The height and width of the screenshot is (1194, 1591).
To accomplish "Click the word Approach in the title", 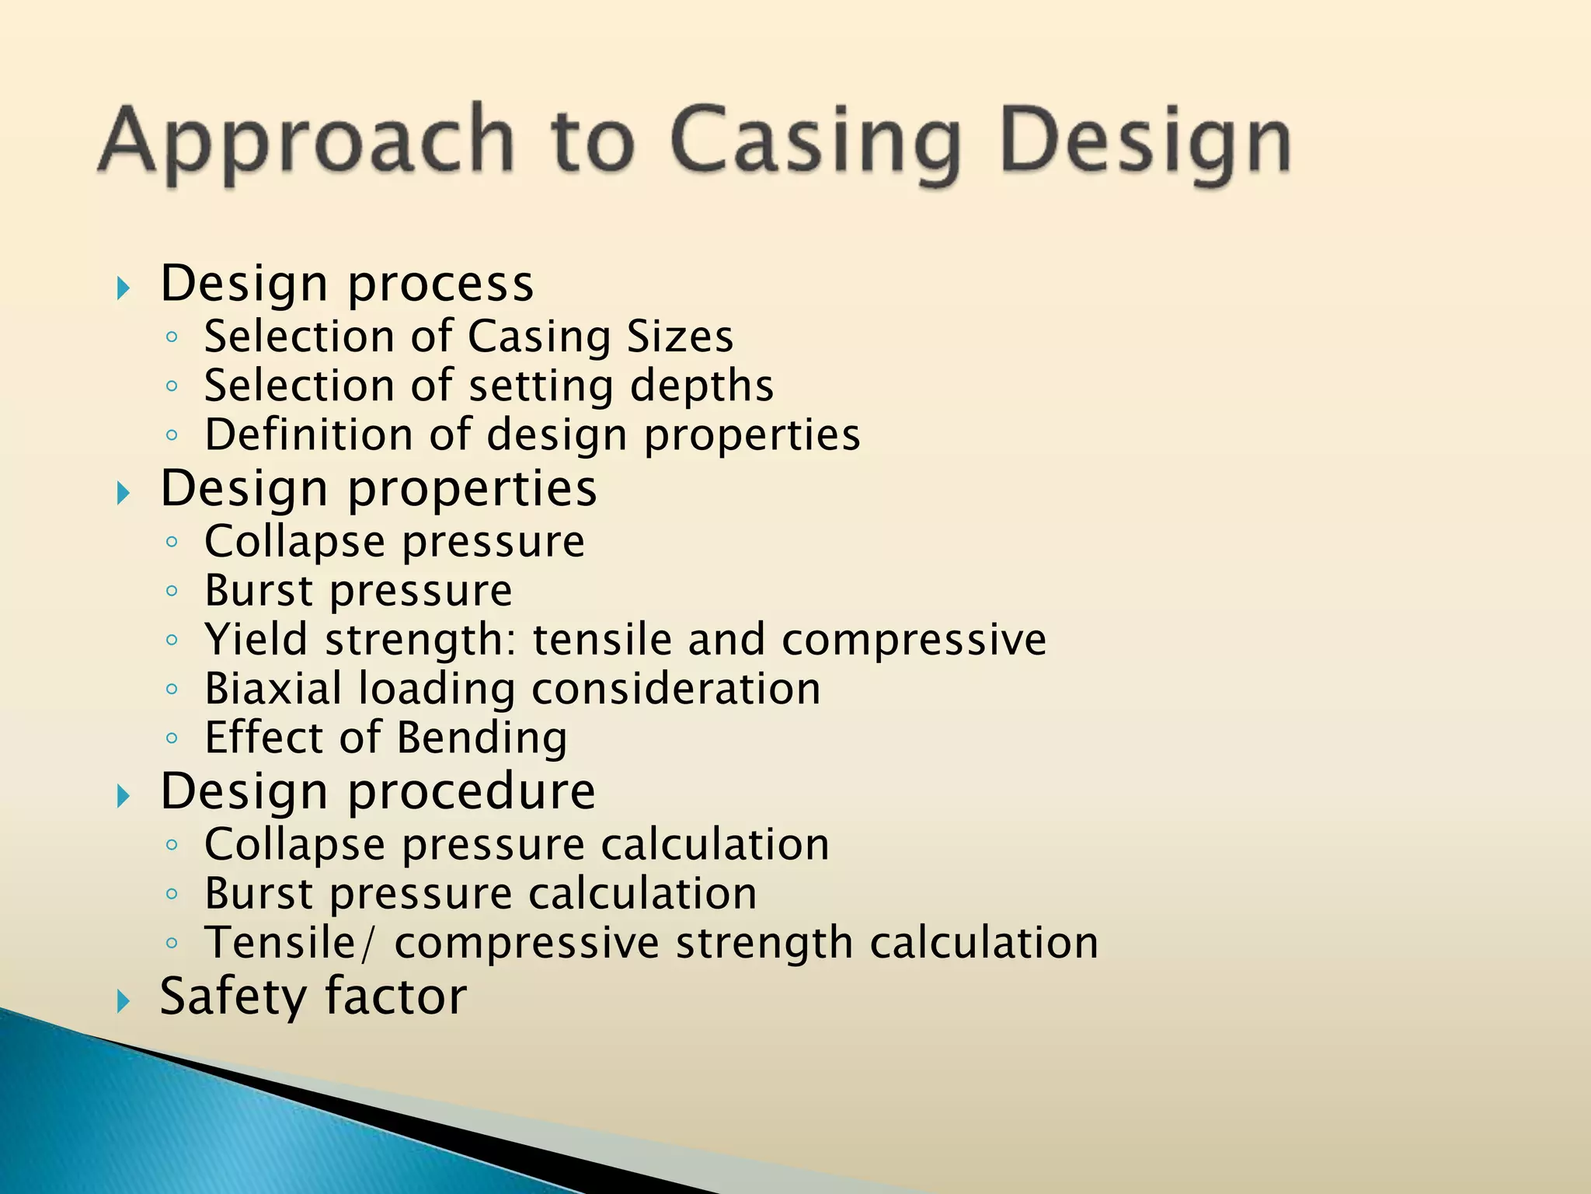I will (x=307, y=141).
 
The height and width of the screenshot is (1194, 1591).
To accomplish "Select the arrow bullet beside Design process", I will (x=123, y=289).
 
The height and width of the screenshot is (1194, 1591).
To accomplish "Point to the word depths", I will (x=702, y=386).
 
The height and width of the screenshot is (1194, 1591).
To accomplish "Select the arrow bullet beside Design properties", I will (x=123, y=493).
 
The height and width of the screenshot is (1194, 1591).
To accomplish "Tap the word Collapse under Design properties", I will (x=294, y=542).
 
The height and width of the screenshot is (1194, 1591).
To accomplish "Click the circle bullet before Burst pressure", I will (x=172, y=592).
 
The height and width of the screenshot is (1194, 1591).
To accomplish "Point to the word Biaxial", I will (x=273, y=689).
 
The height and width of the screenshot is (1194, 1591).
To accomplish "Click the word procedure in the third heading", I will (x=471, y=791).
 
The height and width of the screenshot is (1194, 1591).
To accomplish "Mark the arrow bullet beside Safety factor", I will (x=123, y=1001).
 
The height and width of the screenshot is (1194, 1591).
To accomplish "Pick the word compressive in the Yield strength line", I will (x=914, y=640).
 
